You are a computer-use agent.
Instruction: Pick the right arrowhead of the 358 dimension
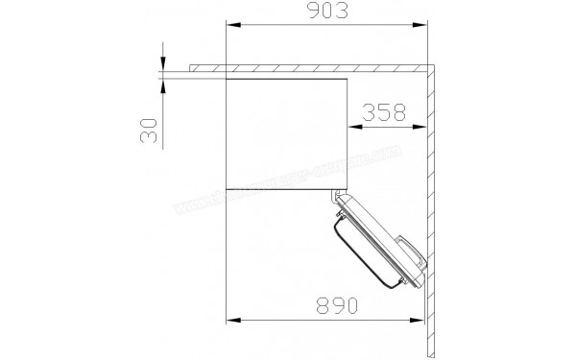(425, 125)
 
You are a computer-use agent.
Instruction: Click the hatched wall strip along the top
(307, 70)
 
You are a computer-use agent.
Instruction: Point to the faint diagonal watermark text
(288, 182)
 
